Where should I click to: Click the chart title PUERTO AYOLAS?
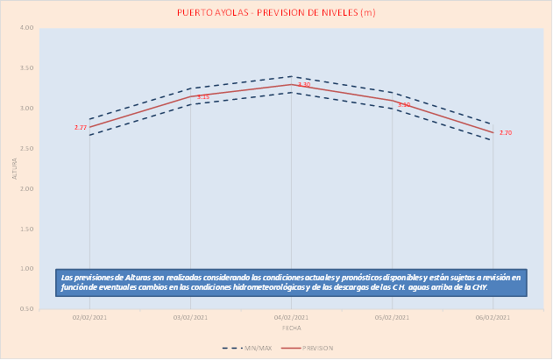[275, 12]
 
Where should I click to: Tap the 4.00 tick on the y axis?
[26, 28]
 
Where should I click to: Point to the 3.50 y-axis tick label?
[26, 68]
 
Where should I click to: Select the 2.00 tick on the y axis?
[26, 188]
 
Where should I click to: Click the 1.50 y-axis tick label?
[26, 229]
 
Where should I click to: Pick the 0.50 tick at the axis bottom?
[26, 309]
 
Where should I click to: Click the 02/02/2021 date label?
[89, 318]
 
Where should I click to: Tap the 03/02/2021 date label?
[190, 318]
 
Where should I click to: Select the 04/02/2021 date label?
[291, 318]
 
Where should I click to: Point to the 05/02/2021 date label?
[392, 318]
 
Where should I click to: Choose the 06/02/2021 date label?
[493, 318]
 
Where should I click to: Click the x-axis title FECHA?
[291, 328]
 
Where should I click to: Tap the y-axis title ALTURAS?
[14, 168]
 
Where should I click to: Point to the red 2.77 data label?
[81, 128]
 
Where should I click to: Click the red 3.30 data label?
[304, 85]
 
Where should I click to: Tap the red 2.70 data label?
[505, 133]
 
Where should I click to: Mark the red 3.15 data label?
[202, 97]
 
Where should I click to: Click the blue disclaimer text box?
[291, 282]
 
